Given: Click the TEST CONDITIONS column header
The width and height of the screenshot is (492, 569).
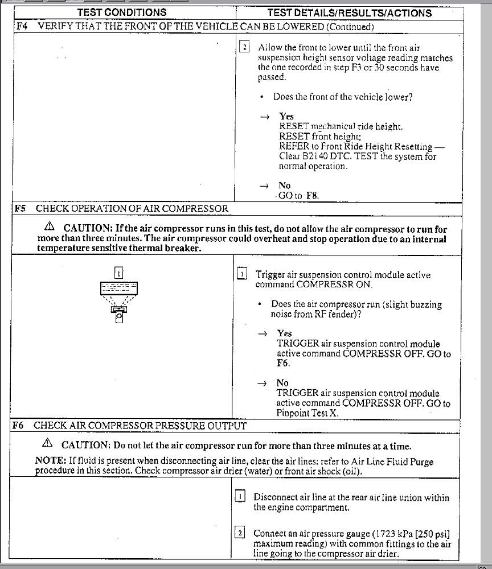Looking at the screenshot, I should [122, 13].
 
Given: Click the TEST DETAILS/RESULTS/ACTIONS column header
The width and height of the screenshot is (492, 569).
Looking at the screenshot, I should [349, 13].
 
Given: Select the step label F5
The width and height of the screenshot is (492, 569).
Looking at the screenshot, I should [21, 208].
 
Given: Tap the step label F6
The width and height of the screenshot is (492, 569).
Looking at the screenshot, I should [19, 425].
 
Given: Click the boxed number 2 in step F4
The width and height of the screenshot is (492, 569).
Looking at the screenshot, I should [244, 48].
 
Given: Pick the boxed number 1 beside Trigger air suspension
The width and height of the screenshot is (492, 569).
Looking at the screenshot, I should [242, 274].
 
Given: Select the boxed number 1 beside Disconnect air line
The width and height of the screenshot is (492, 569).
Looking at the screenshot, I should [240, 497].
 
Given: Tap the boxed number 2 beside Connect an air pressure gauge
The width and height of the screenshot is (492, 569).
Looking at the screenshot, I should [240, 533].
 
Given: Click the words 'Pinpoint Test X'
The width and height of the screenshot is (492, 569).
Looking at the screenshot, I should [307, 413].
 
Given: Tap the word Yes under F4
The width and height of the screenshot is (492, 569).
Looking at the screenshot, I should [286, 116].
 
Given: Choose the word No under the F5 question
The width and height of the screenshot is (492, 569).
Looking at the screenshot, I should [282, 383].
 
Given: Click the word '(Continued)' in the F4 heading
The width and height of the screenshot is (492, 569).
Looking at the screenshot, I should [350, 26].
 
